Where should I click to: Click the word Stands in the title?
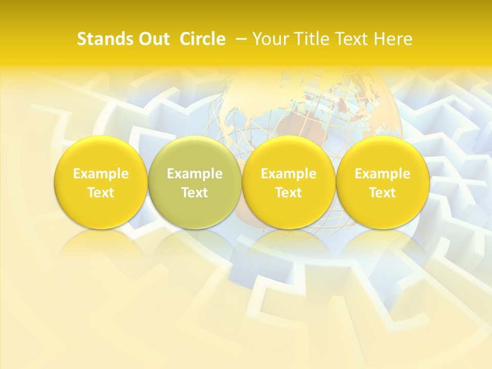point(102,39)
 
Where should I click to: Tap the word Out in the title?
point(153,39)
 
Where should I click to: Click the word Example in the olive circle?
point(195,174)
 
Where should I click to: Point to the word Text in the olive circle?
point(195,193)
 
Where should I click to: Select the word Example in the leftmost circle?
point(101,174)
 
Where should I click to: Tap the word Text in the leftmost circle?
point(101,193)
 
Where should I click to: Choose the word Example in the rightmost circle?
point(382,174)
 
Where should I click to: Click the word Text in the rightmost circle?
point(382,193)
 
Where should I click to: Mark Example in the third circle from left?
point(289,174)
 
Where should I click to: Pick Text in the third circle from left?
point(289,193)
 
